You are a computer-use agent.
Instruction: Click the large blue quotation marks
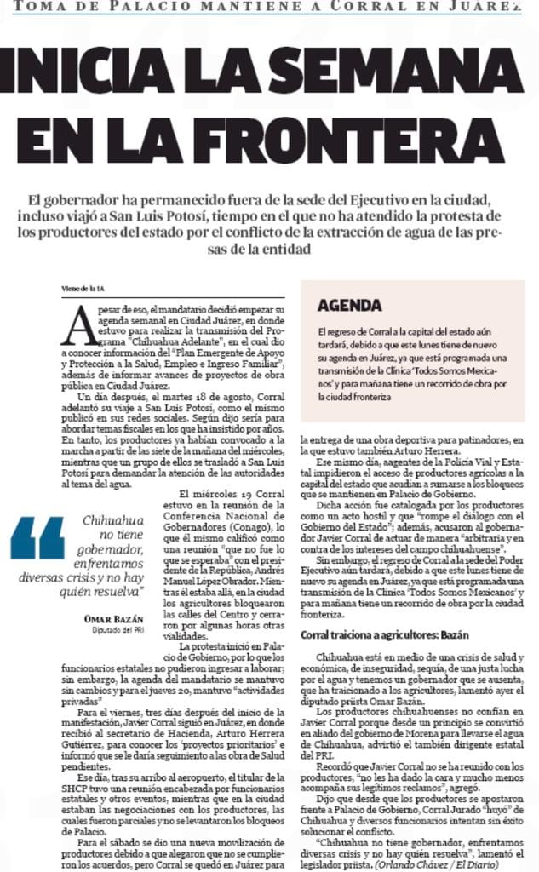tap(38, 537)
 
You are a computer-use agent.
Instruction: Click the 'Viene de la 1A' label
tap(83, 287)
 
